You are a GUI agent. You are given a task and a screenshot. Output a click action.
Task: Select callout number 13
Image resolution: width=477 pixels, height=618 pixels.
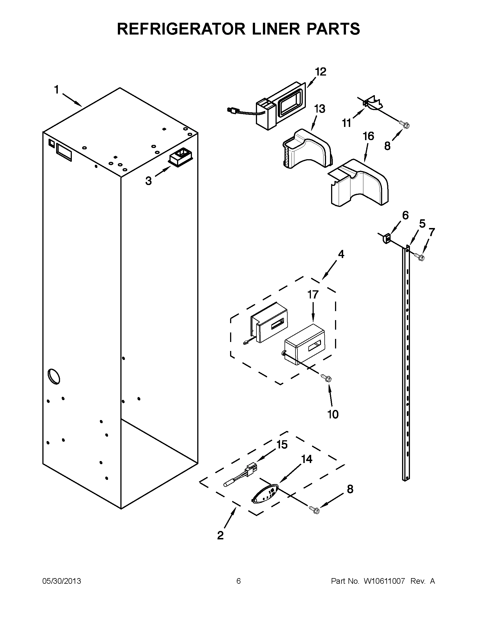pyautogui.click(x=319, y=109)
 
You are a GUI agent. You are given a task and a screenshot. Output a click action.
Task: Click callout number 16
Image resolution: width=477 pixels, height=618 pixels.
pyautogui.click(x=368, y=136)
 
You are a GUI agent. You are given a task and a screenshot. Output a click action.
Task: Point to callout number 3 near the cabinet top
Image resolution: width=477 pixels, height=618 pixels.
pyautogui.click(x=148, y=181)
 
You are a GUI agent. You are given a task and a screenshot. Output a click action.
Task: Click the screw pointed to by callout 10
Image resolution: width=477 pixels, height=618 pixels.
pyautogui.click(x=326, y=377)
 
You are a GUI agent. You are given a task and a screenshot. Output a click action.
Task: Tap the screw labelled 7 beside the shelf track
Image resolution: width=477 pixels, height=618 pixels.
pyautogui.click(x=419, y=256)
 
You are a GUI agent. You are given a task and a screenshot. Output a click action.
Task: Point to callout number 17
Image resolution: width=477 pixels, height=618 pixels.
pyautogui.click(x=313, y=295)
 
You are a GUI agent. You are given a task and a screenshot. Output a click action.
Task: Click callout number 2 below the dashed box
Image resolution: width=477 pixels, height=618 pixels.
pyautogui.click(x=220, y=535)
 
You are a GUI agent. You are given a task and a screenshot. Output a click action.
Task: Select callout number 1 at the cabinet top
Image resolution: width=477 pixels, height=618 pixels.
pyautogui.click(x=57, y=90)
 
